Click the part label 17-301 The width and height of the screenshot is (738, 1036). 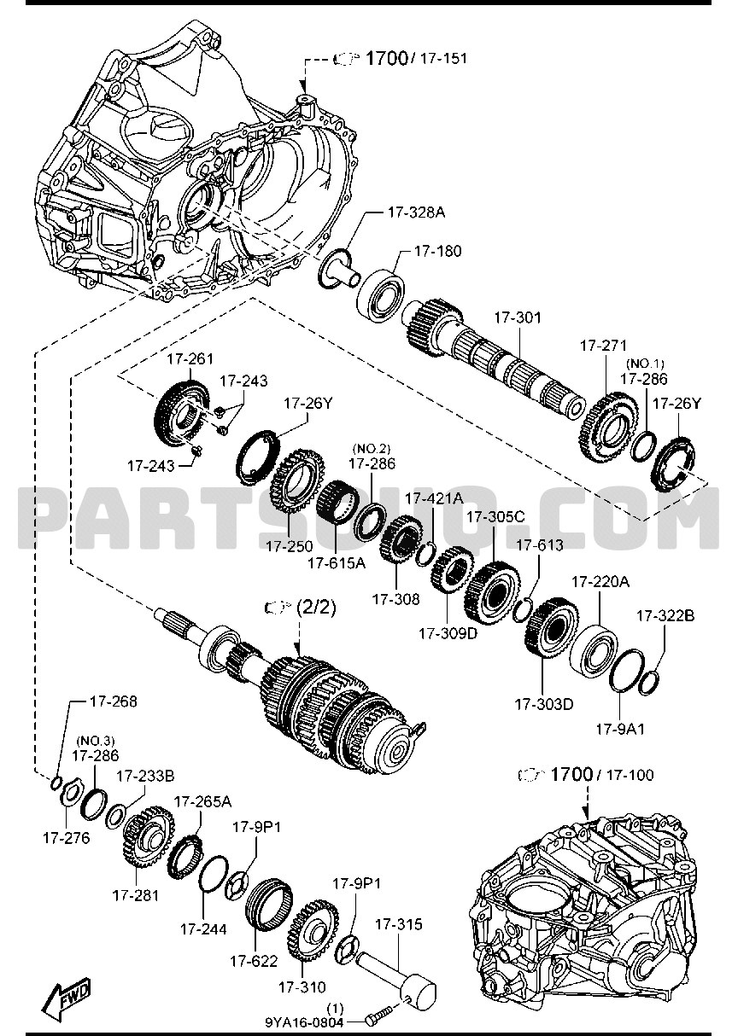point(518,317)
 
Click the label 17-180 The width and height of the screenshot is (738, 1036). point(437,251)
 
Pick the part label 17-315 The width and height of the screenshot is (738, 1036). point(398,923)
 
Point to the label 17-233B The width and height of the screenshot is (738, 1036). point(145,776)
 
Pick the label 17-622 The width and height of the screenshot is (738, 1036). point(254,960)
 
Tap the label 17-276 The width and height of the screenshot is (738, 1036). point(66,837)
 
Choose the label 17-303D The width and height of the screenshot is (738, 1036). point(543,704)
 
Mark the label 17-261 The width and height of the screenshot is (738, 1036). point(190,358)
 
